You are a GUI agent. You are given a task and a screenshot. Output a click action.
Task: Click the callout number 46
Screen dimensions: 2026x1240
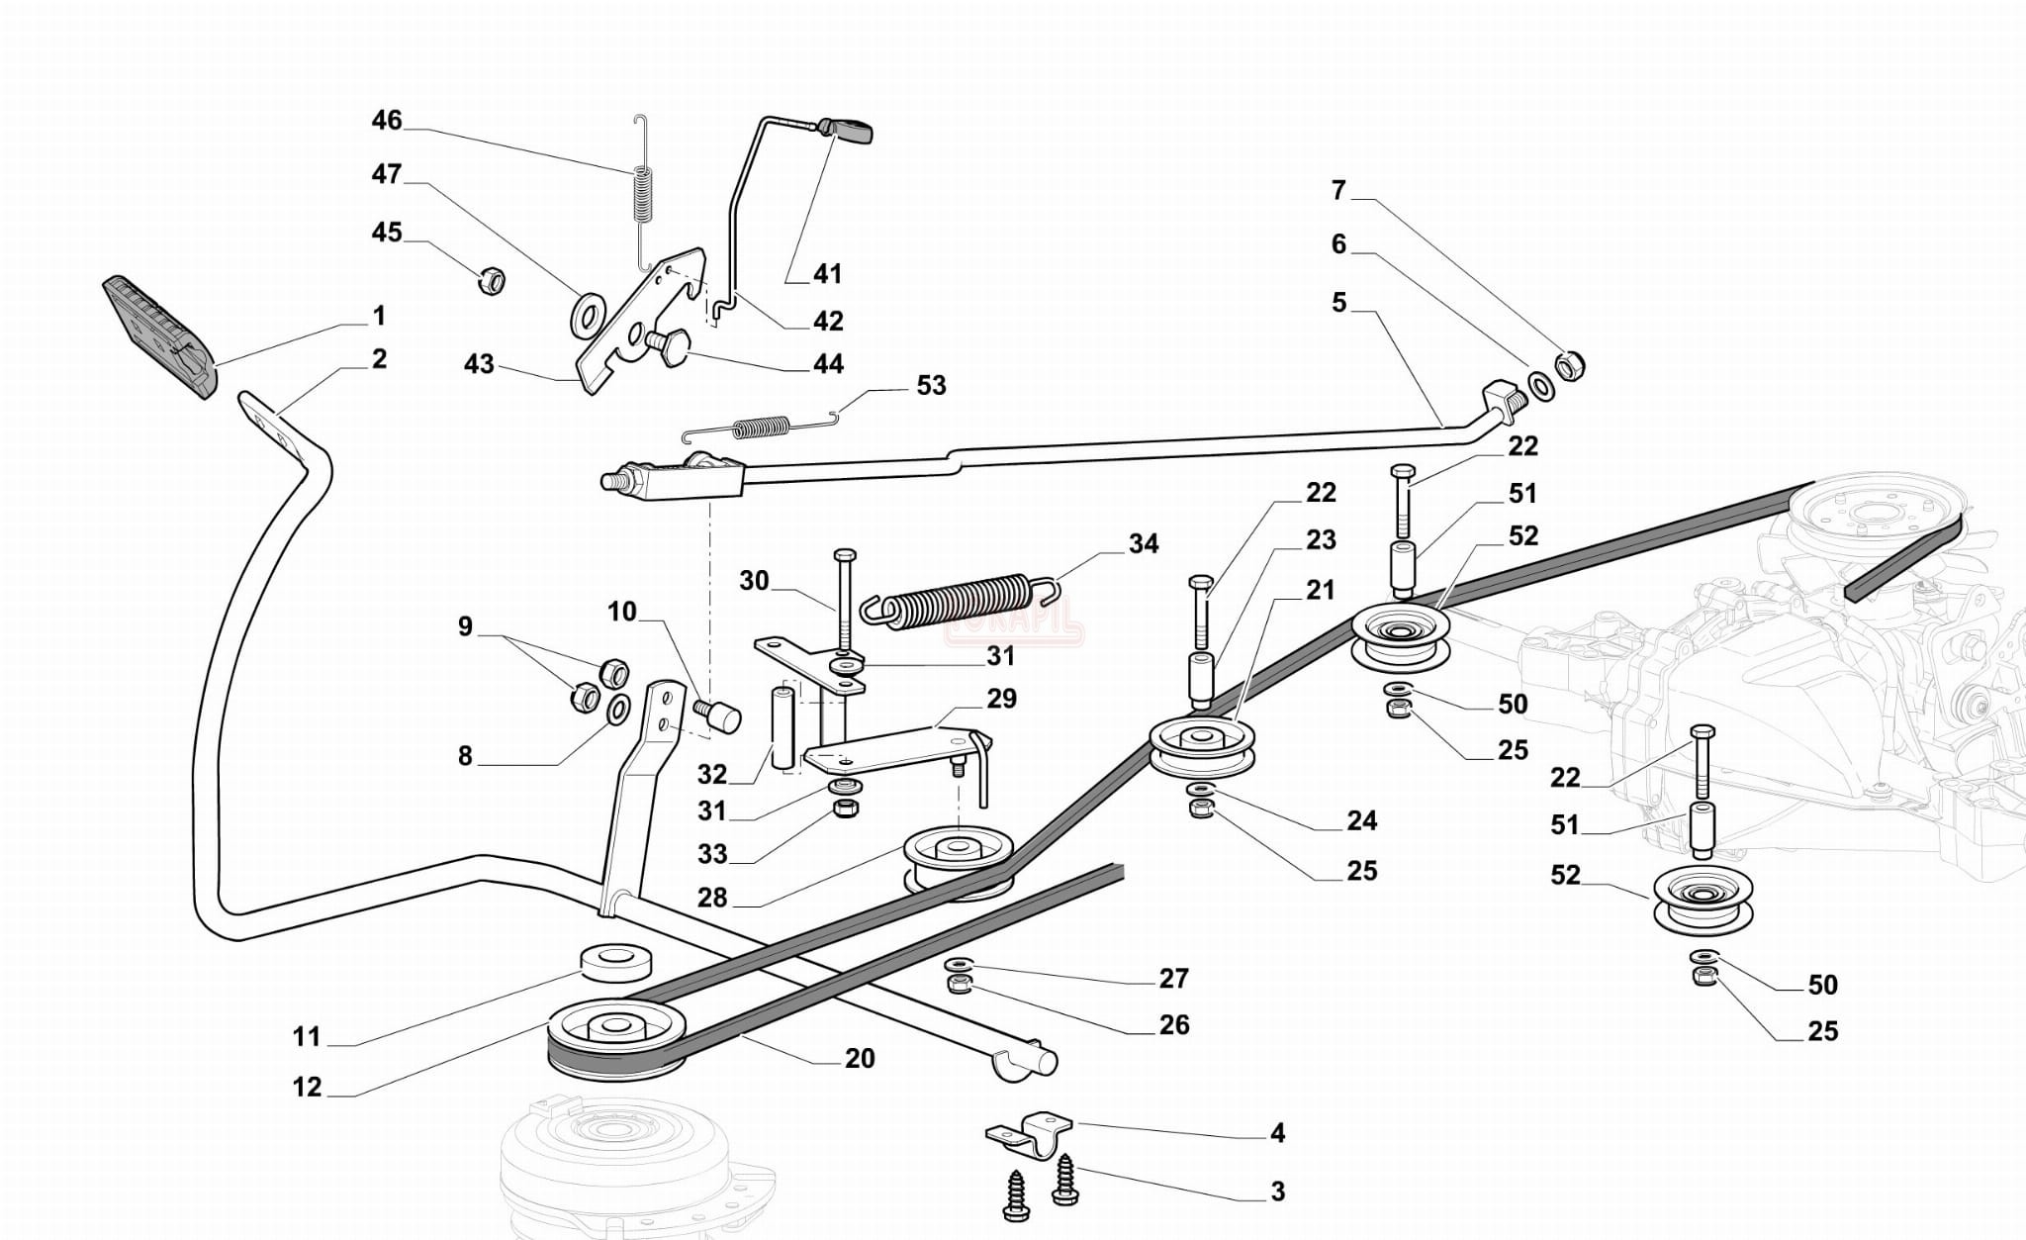(387, 121)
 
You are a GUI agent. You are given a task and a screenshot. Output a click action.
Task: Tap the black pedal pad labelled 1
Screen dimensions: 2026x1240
(158, 336)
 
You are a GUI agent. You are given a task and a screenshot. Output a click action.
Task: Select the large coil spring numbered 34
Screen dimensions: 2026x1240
(960, 599)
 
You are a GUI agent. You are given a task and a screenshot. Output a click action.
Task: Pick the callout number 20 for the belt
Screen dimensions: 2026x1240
(860, 1058)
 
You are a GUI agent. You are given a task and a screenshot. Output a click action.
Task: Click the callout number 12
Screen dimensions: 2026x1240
(308, 1087)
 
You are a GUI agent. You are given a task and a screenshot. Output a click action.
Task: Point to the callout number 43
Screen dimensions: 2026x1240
(479, 364)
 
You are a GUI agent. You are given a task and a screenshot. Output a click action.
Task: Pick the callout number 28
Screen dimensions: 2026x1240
(712, 898)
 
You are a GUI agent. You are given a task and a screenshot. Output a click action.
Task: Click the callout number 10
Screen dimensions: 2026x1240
(622, 612)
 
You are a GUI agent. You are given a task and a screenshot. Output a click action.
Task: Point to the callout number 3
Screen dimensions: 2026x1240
(1278, 1192)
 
